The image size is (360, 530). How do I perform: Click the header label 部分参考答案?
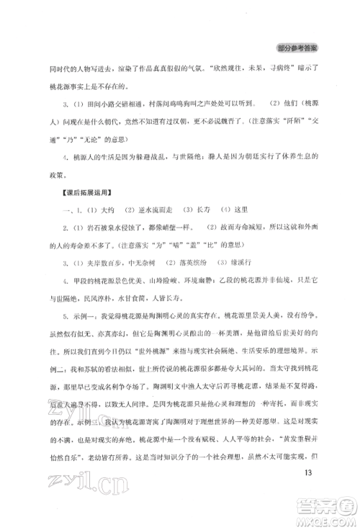(297, 49)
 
